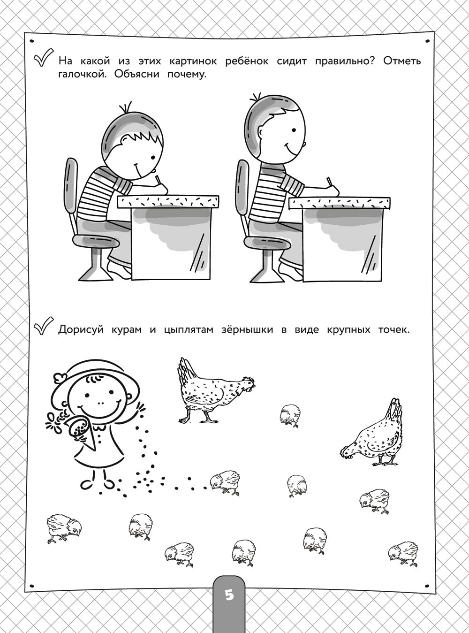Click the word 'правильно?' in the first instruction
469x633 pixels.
(x=344, y=61)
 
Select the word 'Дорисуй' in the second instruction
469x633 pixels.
(x=80, y=329)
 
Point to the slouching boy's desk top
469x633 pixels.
(x=168, y=201)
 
